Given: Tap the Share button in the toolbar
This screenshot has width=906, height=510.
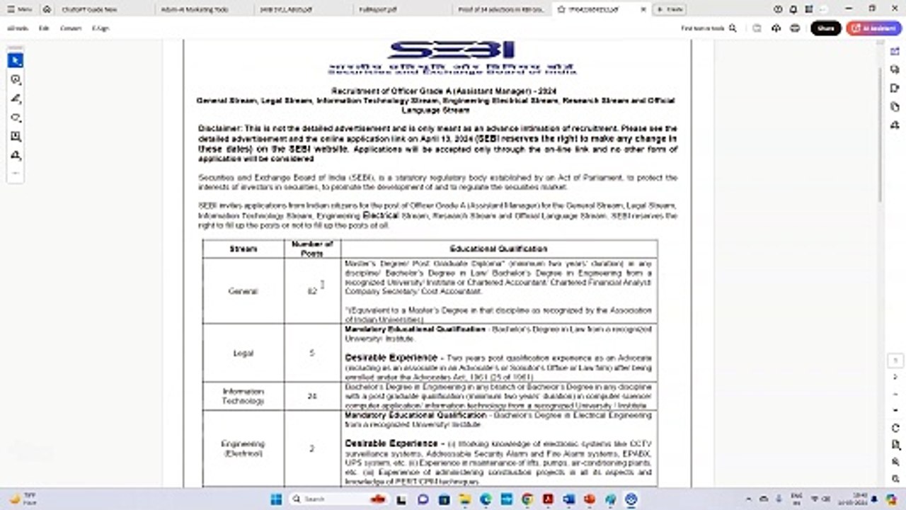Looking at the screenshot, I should [x=825, y=28].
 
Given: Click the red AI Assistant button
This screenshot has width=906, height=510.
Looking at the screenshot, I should [x=874, y=28].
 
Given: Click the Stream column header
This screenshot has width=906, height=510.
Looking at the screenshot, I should [x=243, y=249].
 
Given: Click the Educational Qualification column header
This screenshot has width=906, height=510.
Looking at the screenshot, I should [x=498, y=249].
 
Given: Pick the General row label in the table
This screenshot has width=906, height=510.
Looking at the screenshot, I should [x=243, y=291].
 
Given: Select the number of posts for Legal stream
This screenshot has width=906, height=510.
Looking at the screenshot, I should [x=312, y=353].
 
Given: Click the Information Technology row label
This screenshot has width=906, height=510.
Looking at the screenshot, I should [x=243, y=396].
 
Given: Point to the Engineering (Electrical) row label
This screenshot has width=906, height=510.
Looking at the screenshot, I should [x=243, y=448].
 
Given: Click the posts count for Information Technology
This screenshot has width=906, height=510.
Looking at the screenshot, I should [x=312, y=396].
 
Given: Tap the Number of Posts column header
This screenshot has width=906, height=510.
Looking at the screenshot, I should [x=312, y=249].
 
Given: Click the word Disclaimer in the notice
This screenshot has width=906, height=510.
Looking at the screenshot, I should [x=220, y=128].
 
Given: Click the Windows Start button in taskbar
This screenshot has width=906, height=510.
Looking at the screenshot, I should [x=276, y=499].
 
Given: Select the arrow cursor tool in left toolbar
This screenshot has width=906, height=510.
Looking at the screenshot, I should [x=16, y=61].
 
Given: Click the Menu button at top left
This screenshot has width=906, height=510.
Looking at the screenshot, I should [x=20, y=9].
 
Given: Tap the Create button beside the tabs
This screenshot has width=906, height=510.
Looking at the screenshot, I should [x=669, y=9].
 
